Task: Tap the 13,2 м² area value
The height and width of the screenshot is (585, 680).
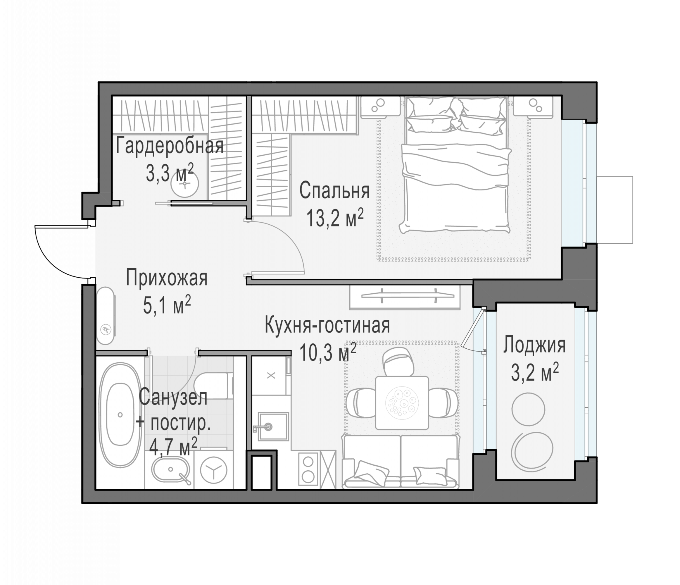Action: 335,218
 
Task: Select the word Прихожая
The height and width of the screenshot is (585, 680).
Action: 167,278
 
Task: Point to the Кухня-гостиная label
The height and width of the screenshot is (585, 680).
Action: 327,325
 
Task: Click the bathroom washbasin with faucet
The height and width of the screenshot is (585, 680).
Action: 171,470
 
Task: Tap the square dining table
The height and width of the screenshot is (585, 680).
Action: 402,403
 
